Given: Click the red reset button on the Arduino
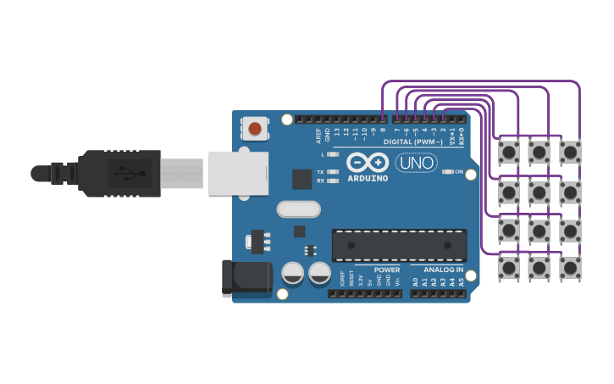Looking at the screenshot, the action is point(255,129).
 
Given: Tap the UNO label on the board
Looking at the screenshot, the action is point(416,162).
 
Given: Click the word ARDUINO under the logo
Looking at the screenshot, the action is point(368,178).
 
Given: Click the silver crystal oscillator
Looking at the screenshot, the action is point(298,209).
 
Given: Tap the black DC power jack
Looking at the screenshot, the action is point(246,279).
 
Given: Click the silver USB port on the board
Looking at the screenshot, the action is point(237,173).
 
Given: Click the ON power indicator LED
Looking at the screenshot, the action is point(447,172).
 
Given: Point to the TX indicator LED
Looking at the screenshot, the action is point(333,172).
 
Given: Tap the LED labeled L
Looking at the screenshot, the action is point(333,155).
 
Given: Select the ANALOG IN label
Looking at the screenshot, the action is point(443,270).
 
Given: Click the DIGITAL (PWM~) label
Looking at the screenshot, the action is point(412,142).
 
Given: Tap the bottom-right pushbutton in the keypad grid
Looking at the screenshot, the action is point(570,269).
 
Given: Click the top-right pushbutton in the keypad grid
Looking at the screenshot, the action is point(570,152).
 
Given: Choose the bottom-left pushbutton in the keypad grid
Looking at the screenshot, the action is point(509,269).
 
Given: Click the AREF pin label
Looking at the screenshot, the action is point(318,133).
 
